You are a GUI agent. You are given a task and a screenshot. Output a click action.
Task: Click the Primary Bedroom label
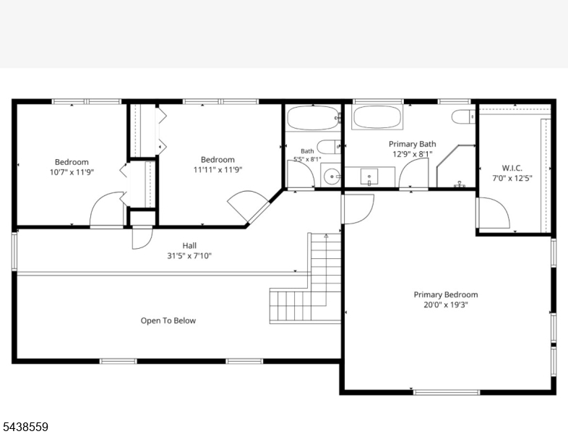tap(446, 294)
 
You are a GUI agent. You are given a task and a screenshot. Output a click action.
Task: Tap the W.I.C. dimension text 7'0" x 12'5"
tap(512, 178)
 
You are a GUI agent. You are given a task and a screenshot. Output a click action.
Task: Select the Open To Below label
tap(168, 320)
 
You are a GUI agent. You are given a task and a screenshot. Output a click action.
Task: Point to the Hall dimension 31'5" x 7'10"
tap(189, 256)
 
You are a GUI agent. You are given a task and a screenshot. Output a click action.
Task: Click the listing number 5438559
tap(25, 427)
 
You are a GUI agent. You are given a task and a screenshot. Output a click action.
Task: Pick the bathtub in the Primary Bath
tap(377, 117)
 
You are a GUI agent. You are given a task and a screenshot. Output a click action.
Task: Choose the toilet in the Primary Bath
tap(463, 116)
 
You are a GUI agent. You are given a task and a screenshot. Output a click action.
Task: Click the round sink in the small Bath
tap(332, 177)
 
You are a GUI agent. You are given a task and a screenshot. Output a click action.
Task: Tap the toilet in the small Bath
tap(329, 147)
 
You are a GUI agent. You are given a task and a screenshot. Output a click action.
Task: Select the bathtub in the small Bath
tap(313, 118)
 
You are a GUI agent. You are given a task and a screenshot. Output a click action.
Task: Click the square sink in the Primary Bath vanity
tap(369, 176)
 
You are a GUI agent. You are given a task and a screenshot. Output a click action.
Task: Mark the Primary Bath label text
tap(412, 144)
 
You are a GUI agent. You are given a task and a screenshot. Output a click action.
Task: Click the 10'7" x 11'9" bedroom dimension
tap(72, 172)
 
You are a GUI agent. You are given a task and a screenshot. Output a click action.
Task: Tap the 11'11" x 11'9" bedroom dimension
tap(218, 170)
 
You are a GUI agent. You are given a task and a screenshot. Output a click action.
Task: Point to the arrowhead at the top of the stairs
tap(326, 236)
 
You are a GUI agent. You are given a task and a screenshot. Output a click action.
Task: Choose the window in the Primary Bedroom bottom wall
tap(447, 392)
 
